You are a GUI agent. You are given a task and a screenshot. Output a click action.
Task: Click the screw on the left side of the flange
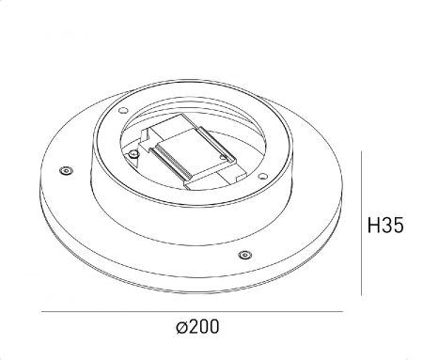65,170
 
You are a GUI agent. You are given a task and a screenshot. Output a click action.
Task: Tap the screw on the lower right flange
244,254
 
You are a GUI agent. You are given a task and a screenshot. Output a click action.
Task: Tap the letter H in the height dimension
373,226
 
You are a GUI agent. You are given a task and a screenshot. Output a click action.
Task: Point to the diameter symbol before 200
180,328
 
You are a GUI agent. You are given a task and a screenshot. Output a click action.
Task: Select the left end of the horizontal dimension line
43,313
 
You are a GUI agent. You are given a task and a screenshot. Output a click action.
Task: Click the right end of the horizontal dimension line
343,313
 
